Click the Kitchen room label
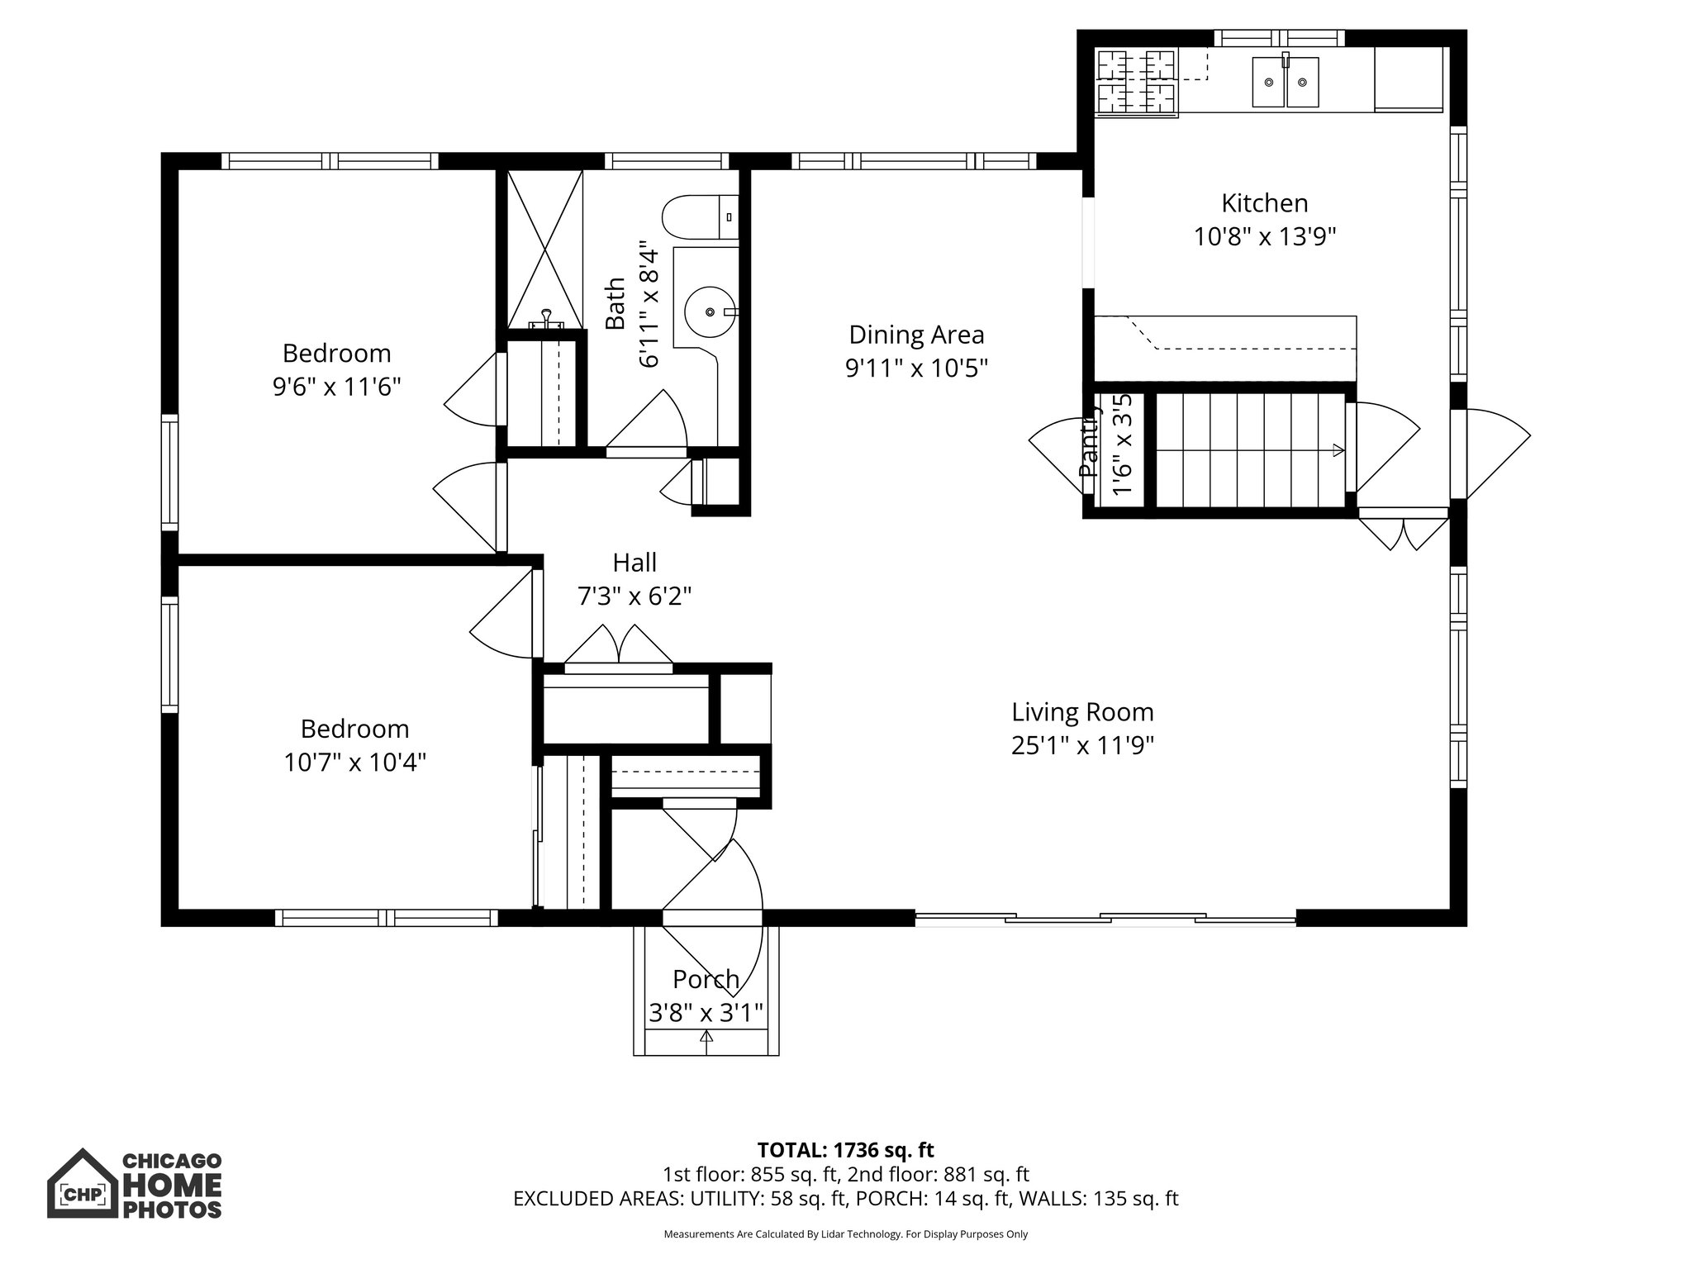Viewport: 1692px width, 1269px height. pos(1264,203)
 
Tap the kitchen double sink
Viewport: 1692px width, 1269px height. pos(1285,82)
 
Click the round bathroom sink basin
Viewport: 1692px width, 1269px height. pos(710,311)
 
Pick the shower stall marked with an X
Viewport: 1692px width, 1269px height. pos(544,248)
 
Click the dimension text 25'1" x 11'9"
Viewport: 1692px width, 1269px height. pos(1082,746)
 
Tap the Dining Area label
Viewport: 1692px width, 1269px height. pos(916,335)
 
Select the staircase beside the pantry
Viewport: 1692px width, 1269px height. pos(1249,450)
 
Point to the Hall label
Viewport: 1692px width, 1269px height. pos(634,563)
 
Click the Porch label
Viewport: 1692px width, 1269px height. pos(706,979)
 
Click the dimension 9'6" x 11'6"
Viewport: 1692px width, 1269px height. pos(336,387)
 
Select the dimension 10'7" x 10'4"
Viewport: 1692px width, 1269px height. pos(354,762)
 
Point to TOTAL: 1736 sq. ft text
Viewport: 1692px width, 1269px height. pos(845,1150)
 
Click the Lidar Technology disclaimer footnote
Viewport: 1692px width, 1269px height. pos(845,1234)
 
